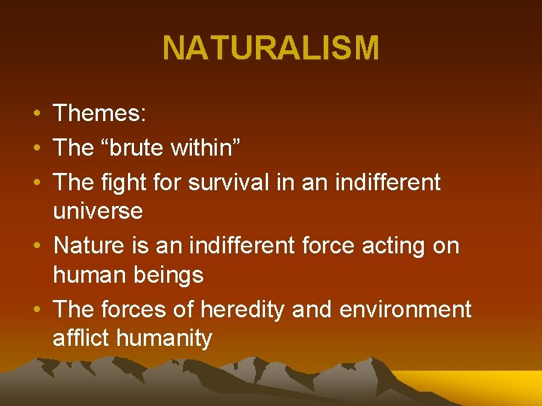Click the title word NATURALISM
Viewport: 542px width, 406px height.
tap(271, 49)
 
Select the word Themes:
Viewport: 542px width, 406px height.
tap(99, 114)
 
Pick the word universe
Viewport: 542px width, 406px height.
tap(97, 211)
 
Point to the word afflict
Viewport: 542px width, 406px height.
tap(80, 338)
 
